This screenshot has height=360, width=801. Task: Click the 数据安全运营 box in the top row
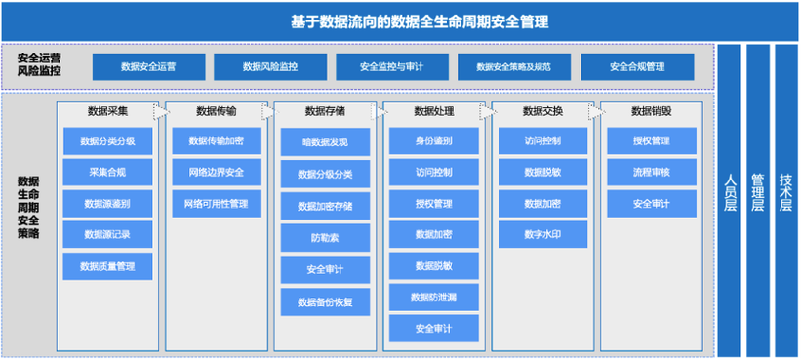pyautogui.click(x=148, y=66)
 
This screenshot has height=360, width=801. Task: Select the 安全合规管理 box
pyautogui.click(x=637, y=66)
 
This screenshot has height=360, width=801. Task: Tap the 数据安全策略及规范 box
pyautogui.click(x=514, y=66)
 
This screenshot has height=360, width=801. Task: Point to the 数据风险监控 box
pyautogui.click(x=270, y=66)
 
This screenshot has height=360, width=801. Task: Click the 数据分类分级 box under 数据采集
pyautogui.click(x=107, y=141)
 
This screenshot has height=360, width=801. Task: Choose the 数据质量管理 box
pyautogui.click(x=107, y=266)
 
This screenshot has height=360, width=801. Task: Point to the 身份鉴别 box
pyautogui.click(x=433, y=141)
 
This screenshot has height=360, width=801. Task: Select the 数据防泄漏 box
pyautogui.click(x=433, y=298)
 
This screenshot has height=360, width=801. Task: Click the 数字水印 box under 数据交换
pyautogui.click(x=542, y=235)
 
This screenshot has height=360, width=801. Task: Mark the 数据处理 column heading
pyautogui.click(x=433, y=111)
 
